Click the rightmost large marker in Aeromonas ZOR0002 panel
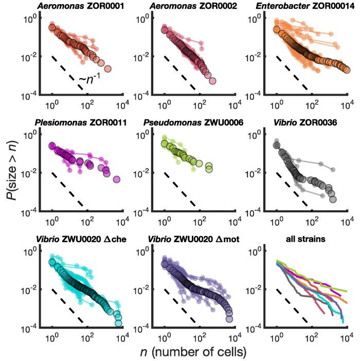point(212,81)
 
